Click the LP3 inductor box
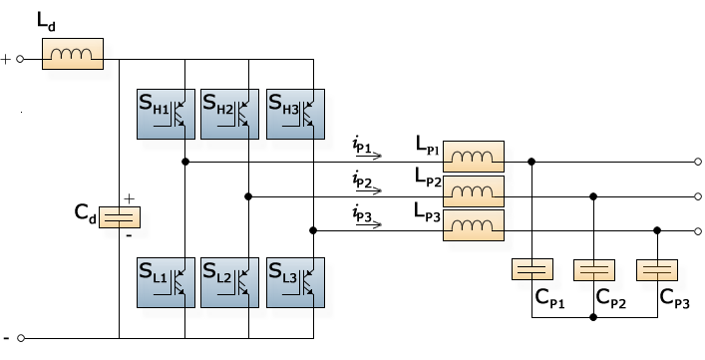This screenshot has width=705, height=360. click(x=474, y=224)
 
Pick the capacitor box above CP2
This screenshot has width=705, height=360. click(x=595, y=270)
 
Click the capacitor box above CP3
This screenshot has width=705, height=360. click(x=658, y=270)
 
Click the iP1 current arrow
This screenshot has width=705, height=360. click(x=368, y=158)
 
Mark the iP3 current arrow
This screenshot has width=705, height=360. click(x=368, y=224)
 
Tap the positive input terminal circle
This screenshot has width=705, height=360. click(x=20, y=60)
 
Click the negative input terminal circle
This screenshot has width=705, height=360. click(x=20, y=338)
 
